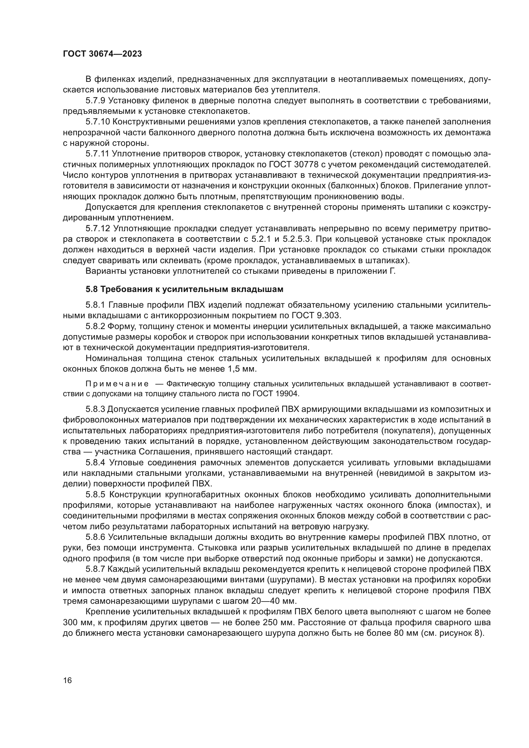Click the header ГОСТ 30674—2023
(102, 54)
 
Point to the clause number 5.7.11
(98, 154)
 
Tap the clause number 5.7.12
(98, 229)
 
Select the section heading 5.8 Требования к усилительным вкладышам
(184, 289)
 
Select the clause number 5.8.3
(95, 409)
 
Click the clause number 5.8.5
(95, 494)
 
